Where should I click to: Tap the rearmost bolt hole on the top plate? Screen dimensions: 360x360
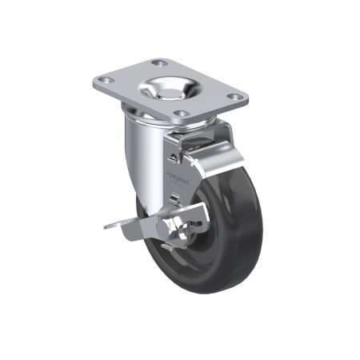point(160,62)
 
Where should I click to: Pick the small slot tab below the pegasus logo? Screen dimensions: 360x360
point(175,196)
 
